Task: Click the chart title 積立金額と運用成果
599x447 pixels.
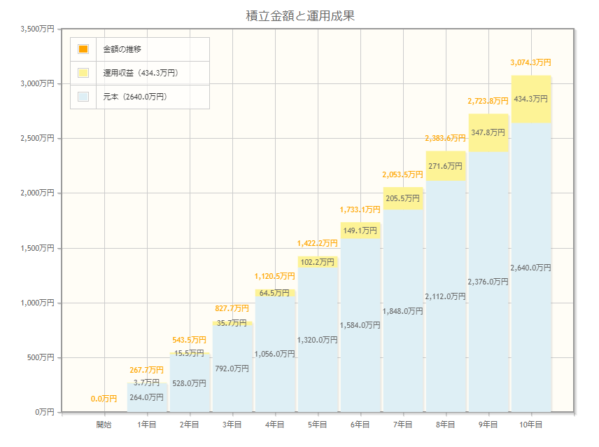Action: coord(300,15)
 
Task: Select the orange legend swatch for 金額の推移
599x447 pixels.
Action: coord(83,49)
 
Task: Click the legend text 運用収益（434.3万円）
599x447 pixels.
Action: coord(140,73)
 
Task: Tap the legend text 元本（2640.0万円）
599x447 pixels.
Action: coord(135,97)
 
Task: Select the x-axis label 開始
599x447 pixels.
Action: coord(104,425)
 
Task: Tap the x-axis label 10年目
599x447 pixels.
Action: coord(530,425)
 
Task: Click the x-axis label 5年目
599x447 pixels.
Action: coord(317,425)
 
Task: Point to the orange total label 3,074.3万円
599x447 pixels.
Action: coord(530,62)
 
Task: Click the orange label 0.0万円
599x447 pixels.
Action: coord(104,399)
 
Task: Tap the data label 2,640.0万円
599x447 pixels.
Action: coord(530,268)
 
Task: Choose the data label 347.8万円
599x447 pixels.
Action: coord(488,132)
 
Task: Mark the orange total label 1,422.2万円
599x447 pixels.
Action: coord(317,243)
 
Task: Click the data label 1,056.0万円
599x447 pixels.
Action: coord(274,354)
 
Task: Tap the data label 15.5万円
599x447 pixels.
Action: coord(189,353)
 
